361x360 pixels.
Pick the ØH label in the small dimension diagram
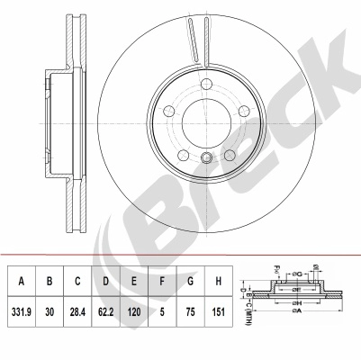298,304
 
